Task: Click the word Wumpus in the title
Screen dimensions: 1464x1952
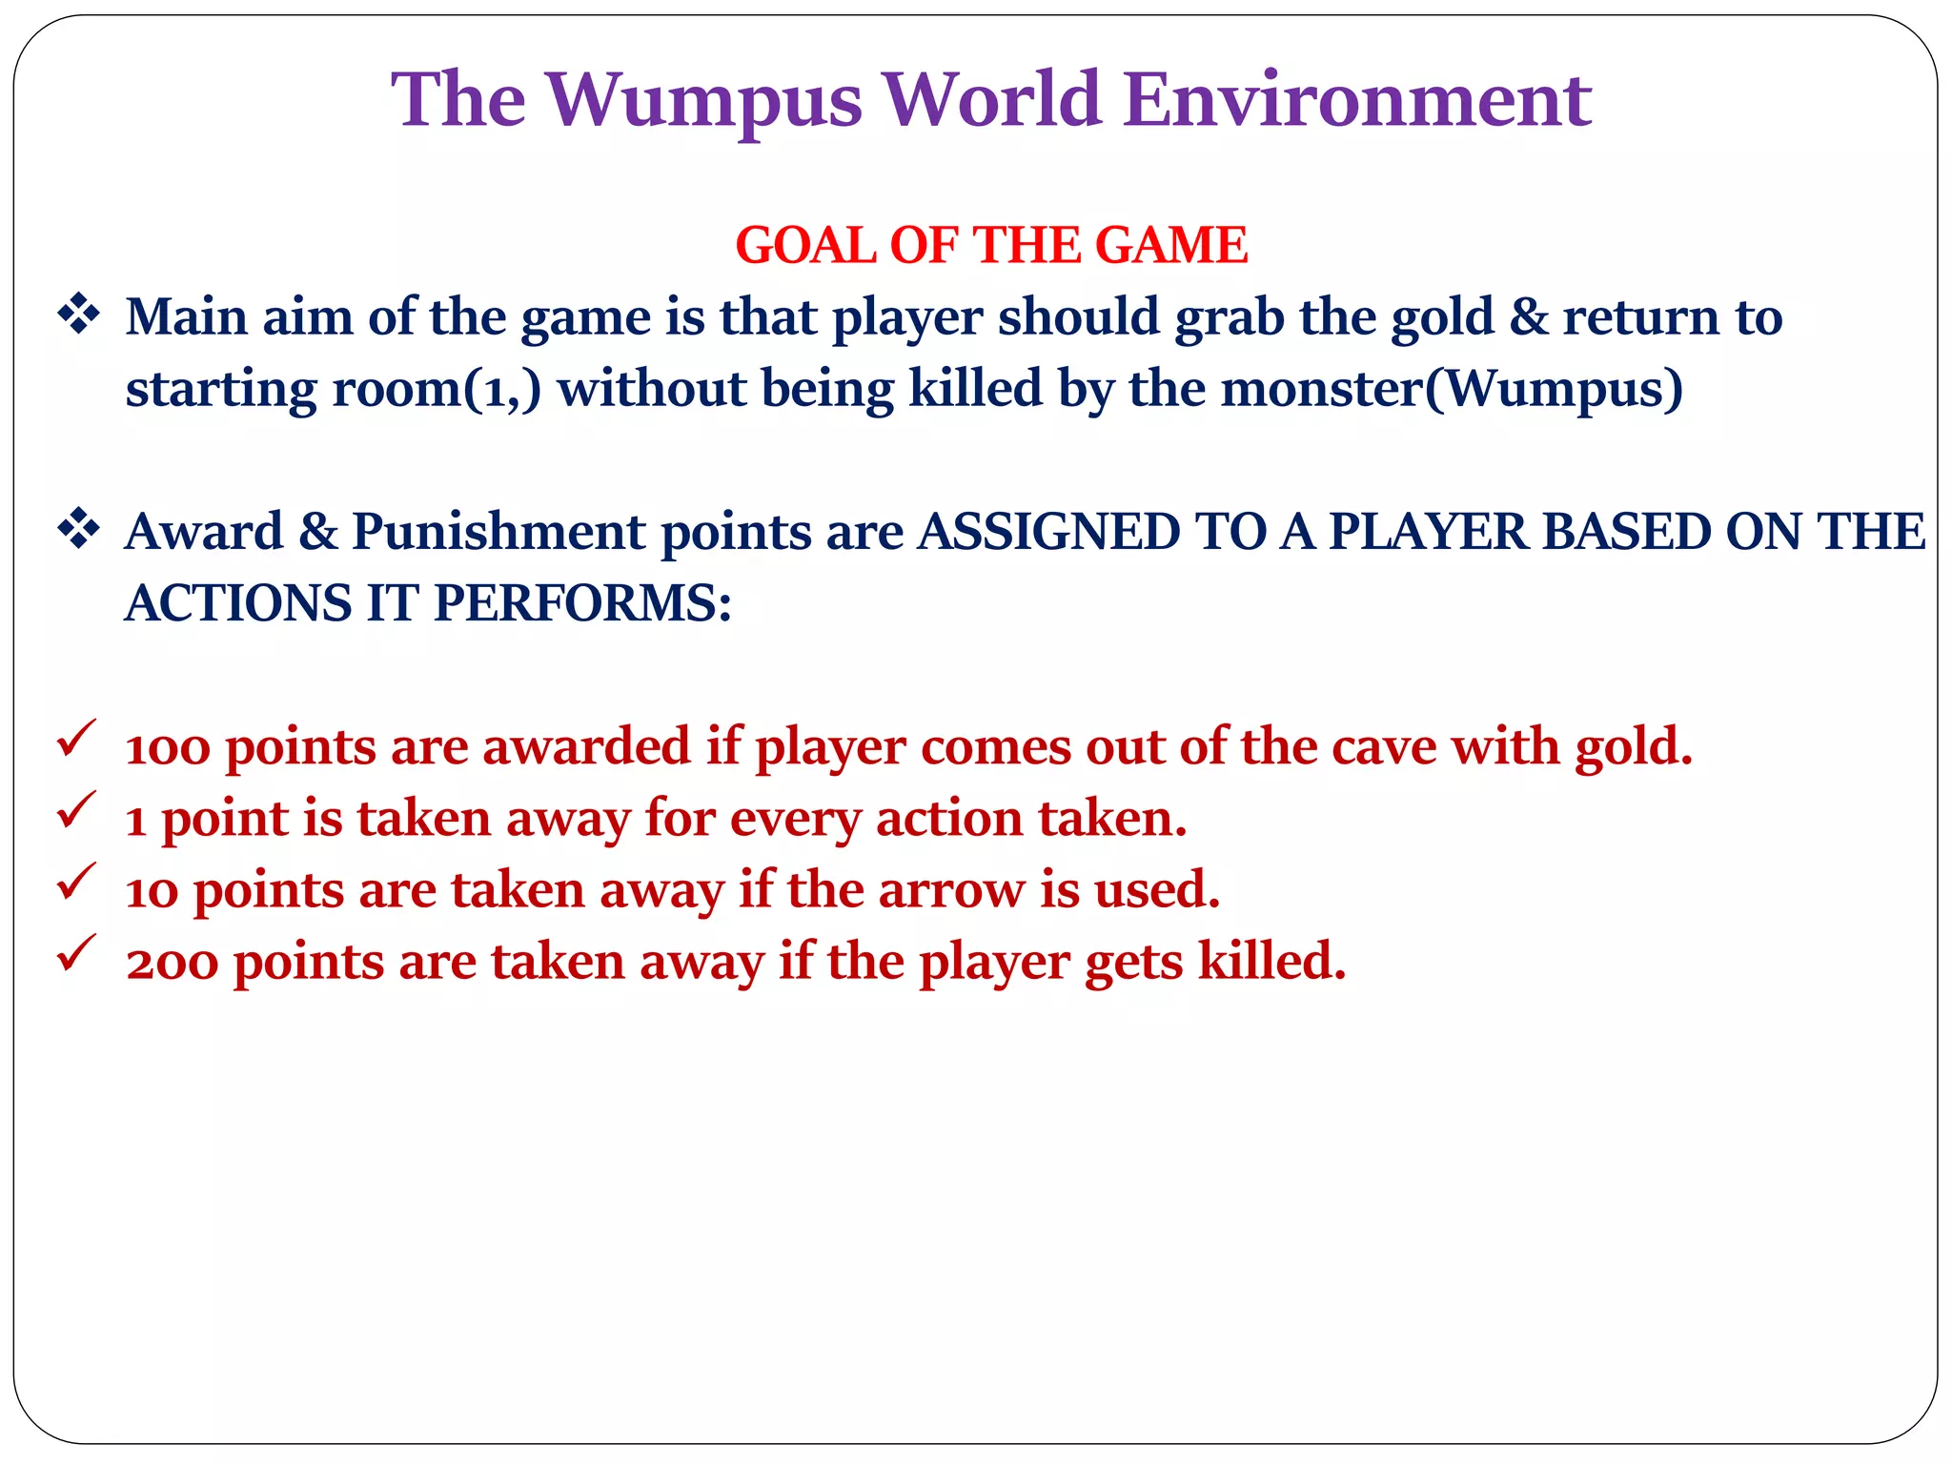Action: pos(704,100)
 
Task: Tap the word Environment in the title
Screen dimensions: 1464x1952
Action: pos(1357,100)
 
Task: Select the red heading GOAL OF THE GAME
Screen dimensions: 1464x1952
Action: pos(991,245)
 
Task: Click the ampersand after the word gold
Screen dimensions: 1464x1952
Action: pos(1529,316)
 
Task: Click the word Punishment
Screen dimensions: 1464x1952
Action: pos(498,531)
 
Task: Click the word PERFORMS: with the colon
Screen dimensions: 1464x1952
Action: pos(582,603)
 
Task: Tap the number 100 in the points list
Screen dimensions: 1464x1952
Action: pos(167,747)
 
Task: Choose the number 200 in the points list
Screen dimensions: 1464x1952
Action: pos(173,962)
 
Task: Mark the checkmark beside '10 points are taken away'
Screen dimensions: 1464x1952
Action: pos(76,882)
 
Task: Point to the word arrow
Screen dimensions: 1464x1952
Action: pos(950,890)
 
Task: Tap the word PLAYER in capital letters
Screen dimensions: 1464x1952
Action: pos(1429,531)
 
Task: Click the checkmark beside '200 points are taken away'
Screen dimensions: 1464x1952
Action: pos(76,953)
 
